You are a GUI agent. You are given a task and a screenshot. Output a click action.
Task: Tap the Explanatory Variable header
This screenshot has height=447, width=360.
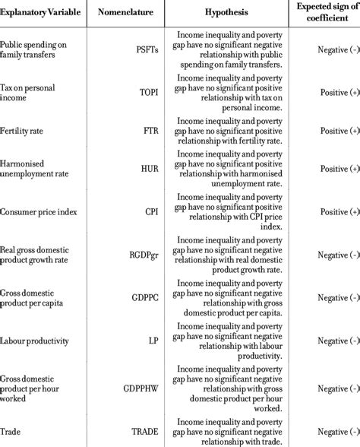[43, 13]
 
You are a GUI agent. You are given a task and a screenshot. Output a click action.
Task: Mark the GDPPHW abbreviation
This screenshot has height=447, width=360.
[144, 386]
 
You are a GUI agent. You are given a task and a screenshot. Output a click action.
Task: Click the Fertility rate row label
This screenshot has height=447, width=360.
[25, 131]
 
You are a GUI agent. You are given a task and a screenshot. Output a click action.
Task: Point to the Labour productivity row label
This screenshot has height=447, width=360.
[36, 339]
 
